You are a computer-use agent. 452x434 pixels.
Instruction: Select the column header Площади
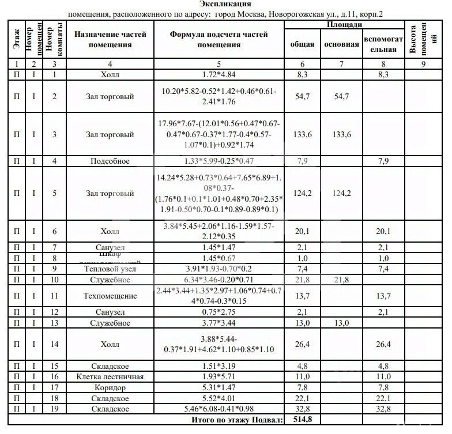(345, 25)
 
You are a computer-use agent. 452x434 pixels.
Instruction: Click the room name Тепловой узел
(110, 269)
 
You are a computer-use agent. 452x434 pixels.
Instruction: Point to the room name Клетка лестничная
(110, 377)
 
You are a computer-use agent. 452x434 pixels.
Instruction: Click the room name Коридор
(110, 387)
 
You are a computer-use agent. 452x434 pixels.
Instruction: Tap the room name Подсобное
(110, 161)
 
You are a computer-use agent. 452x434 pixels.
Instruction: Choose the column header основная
(341, 44)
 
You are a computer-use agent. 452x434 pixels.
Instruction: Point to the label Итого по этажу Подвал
(237, 420)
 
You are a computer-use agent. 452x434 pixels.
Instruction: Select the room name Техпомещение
(110, 296)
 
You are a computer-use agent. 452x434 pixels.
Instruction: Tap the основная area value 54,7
(341, 97)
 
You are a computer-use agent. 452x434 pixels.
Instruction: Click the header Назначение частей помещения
(110, 39)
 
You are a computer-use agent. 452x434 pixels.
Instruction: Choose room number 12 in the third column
(54, 312)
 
